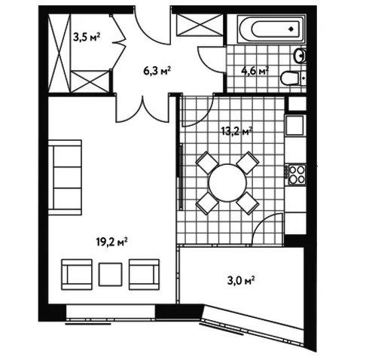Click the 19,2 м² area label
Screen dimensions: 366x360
point(111,242)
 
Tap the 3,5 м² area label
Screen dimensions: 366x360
point(87,37)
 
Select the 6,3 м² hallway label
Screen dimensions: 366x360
point(157,71)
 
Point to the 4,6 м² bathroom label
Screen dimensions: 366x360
point(255,71)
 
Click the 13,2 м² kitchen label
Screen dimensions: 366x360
point(236,131)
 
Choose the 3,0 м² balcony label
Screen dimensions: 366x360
point(241,280)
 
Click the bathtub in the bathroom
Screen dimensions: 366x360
point(272,29)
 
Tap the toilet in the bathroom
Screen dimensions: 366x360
point(293,78)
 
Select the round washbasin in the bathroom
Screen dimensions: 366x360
point(300,56)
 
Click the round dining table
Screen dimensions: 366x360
point(227,182)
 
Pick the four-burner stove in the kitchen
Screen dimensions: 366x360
point(297,175)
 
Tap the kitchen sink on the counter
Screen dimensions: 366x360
point(295,125)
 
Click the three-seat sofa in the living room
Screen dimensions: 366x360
point(65,178)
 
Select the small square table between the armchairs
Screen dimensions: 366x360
point(111,274)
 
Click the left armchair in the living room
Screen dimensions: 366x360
point(77,274)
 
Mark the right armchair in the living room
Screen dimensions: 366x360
point(144,274)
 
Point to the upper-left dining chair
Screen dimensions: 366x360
point(207,163)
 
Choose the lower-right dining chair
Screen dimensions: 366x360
point(248,203)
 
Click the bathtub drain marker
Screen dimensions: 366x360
point(291,29)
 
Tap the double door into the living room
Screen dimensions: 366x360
point(142,108)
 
